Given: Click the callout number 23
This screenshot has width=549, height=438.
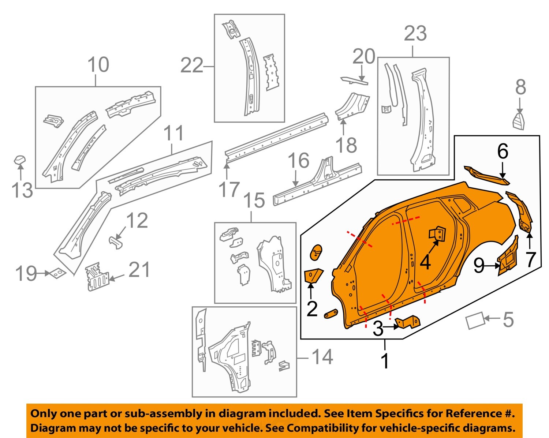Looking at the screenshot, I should click(x=415, y=34).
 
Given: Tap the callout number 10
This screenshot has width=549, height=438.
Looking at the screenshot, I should click(x=98, y=65).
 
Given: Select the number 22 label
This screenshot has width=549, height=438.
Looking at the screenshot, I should click(x=192, y=66).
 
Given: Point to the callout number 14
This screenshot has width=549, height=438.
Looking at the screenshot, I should click(x=322, y=357).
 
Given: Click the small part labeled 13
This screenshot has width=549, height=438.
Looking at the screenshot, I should click(x=20, y=160).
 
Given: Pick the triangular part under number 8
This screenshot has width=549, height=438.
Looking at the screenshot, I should click(x=519, y=121).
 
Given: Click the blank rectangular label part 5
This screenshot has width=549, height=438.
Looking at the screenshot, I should click(x=475, y=321).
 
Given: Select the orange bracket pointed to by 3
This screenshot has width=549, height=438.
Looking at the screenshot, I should click(x=408, y=322).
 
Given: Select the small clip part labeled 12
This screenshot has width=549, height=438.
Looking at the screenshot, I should click(x=116, y=242).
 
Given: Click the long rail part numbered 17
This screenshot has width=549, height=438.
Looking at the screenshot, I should click(x=276, y=137).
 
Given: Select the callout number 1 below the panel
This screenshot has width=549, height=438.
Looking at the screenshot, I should click(x=385, y=360).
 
